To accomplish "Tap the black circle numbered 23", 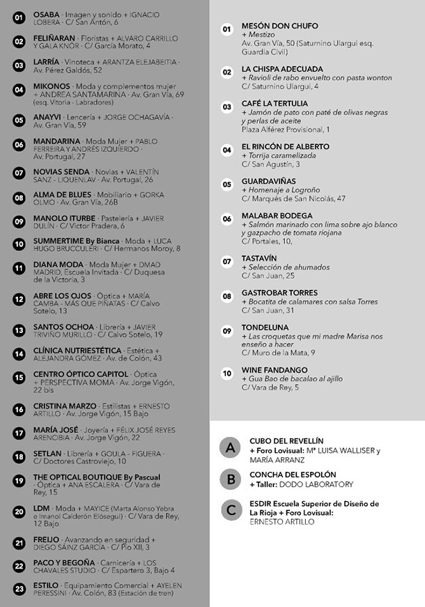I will (x=19, y=589).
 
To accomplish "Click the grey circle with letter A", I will (x=229, y=447).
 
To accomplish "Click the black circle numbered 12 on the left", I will (x=19, y=300).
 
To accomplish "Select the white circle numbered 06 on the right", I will (x=227, y=218).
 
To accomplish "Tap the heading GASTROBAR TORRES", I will (x=279, y=293).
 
